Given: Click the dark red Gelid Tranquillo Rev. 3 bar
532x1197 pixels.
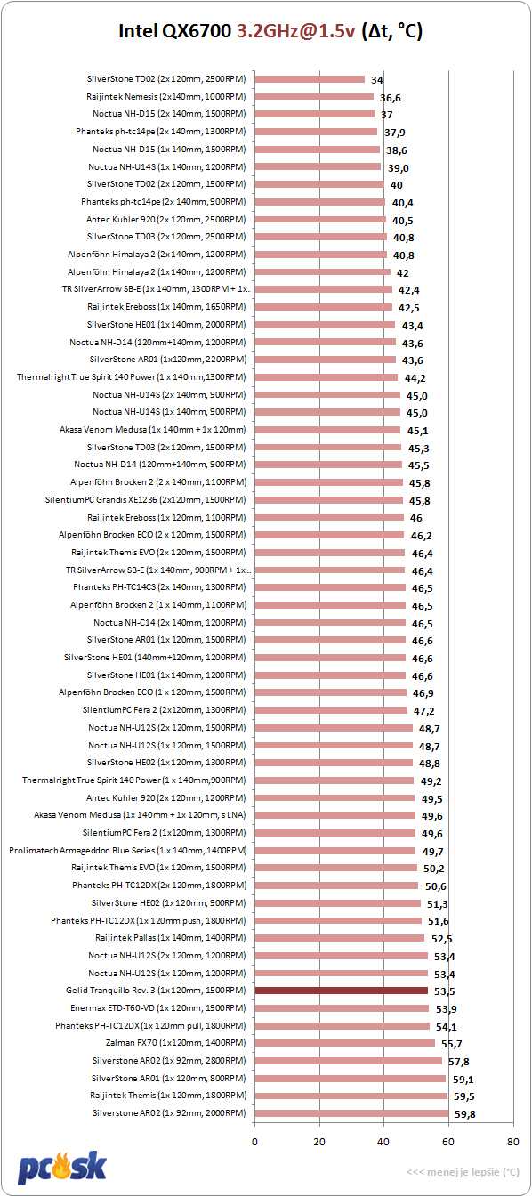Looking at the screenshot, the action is (342, 991).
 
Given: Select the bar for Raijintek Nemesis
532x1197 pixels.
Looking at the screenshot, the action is (314, 97).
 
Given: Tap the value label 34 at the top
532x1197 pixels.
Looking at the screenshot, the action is (376, 80).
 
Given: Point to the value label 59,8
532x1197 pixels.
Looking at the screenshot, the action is (464, 1114).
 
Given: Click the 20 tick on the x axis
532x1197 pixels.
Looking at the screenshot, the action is (319, 1142).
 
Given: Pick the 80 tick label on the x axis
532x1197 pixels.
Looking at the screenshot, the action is (512, 1142).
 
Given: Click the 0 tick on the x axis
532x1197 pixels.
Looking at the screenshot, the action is (254, 1142).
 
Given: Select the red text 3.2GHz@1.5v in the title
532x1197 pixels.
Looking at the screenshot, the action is (295, 31).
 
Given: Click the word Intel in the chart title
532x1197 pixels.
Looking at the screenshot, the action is (138, 31).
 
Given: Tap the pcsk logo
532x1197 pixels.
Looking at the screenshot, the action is (62, 1168).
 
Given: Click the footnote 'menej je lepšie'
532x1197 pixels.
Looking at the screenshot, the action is (463, 1172).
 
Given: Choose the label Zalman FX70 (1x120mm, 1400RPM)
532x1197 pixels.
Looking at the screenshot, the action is (176, 1042).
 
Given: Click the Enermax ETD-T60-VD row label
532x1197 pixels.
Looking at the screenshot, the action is (158, 1007).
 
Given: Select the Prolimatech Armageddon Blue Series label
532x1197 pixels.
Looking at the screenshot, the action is (127, 850).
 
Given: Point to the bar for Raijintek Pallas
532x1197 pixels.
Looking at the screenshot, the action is (340, 938).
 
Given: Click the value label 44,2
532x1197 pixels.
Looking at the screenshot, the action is (415, 378).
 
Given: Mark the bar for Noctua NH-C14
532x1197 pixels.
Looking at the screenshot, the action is (330, 623).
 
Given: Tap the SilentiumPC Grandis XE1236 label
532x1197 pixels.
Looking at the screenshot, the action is (145, 499).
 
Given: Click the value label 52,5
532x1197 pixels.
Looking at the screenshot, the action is (442, 939).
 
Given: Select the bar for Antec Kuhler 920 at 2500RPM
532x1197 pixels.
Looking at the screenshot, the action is (320, 219).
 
